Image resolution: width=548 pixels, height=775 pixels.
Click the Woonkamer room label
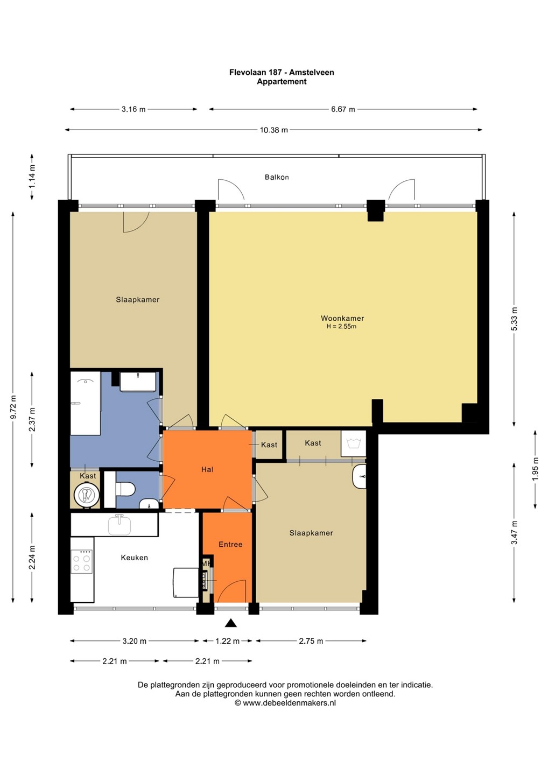(342, 318)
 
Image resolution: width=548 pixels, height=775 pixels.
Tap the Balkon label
(277, 177)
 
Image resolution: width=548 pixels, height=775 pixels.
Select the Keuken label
(134, 558)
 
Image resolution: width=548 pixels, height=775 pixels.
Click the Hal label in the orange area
(207, 469)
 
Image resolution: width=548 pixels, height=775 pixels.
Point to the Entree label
(230, 544)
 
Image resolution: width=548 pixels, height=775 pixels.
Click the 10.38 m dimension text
(274, 130)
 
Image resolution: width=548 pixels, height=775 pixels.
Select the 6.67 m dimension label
(343, 109)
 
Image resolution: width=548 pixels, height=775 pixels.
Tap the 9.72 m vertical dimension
(13, 407)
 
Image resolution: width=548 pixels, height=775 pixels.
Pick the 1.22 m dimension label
(227, 641)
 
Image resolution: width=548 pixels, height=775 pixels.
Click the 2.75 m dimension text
(311, 641)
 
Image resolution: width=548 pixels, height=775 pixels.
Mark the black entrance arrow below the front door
(231, 623)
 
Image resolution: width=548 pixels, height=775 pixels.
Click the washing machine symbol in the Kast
(353, 443)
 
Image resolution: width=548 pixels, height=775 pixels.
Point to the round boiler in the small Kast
(85, 495)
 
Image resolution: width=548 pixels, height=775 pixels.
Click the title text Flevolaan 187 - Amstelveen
(282, 72)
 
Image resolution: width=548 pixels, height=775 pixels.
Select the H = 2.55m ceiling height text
(341, 326)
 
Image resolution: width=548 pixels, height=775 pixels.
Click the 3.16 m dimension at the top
(134, 109)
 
